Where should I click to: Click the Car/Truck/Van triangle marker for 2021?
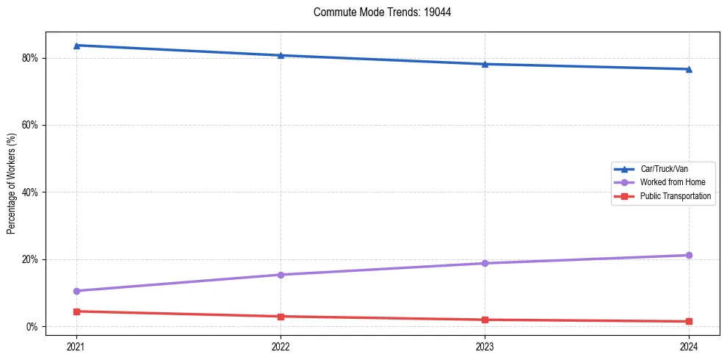76,46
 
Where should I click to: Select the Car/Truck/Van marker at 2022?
281,55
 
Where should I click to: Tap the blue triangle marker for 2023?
485,64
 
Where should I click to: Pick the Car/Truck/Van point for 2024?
689,69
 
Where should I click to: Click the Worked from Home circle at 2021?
76,291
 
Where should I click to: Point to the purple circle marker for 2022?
281,275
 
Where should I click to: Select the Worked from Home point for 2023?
485,263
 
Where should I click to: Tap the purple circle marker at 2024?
689,255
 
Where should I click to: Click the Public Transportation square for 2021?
76,312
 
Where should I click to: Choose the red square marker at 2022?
281,317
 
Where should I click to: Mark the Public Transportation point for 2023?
485,320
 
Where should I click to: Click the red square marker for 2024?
689,321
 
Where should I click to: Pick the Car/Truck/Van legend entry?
664,169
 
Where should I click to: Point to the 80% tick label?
31,58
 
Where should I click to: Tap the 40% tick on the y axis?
31,192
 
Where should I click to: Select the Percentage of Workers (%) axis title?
11,183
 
